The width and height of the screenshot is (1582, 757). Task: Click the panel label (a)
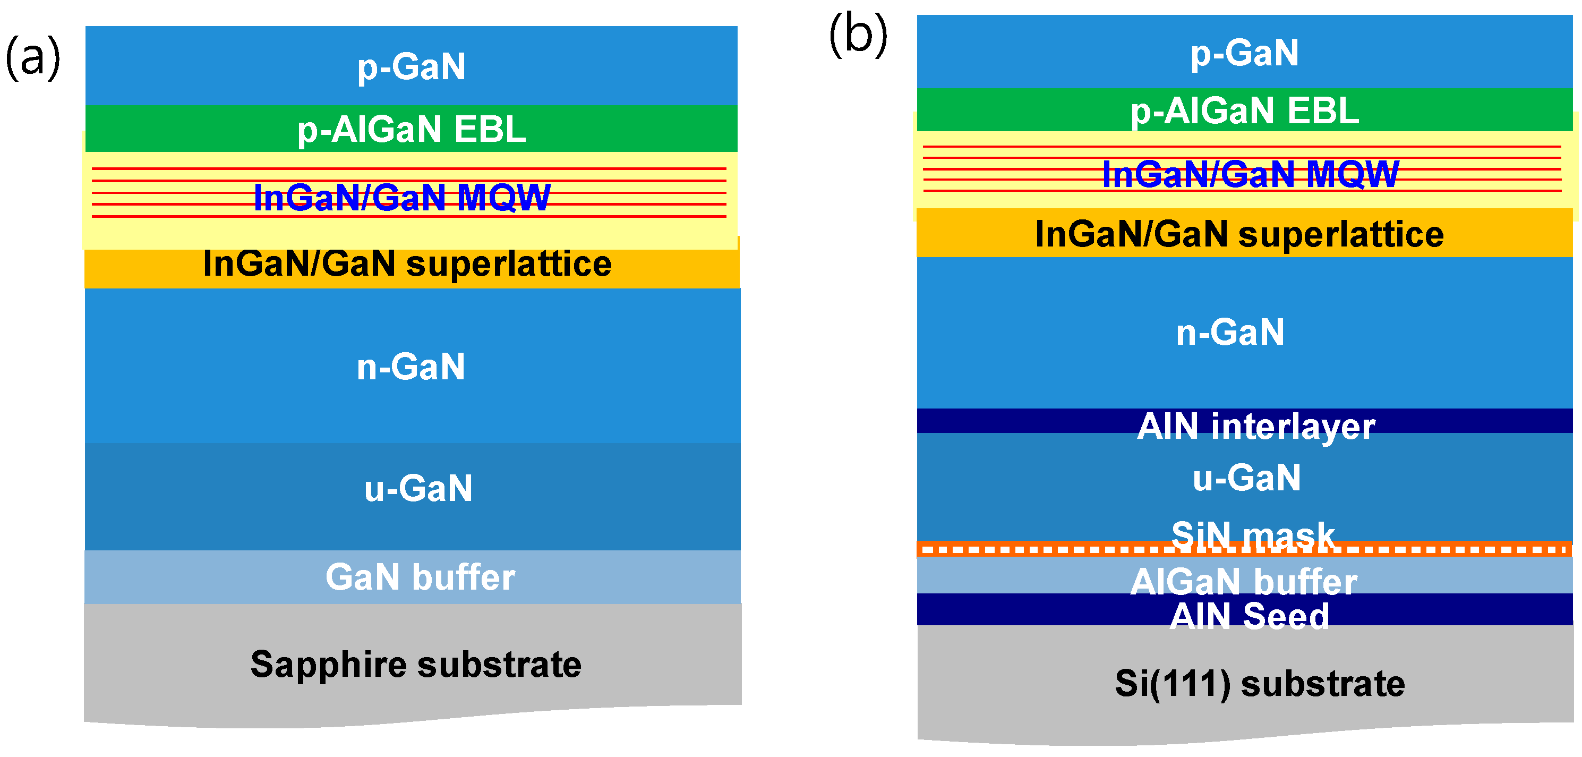click(x=33, y=58)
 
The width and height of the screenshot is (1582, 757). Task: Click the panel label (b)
click(x=858, y=35)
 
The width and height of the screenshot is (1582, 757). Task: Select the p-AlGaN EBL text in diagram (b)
click(x=1244, y=111)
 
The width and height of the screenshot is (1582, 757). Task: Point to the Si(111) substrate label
click(x=1260, y=683)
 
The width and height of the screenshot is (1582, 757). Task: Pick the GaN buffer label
click(x=420, y=577)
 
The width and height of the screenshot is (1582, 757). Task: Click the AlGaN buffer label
click(x=1244, y=581)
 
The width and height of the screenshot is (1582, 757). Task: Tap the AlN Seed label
click(x=1249, y=616)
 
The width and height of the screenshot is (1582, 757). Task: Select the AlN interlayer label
click(x=1256, y=426)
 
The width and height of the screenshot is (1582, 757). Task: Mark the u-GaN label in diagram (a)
click(x=418, y=489)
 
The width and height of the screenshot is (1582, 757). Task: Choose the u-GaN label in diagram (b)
click(x=1247, y=478)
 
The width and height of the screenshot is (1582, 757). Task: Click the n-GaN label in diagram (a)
click(x=411, y=367)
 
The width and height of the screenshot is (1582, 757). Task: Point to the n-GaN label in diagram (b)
click(x=1230, y=333)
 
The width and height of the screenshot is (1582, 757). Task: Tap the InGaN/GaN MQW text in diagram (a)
click(x=402, y=198)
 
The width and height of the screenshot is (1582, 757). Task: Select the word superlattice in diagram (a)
click(x=509, y=264)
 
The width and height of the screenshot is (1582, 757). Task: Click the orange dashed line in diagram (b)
click(x=1044, y=549)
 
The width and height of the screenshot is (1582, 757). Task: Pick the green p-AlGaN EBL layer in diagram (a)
click(x=184, y=129)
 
